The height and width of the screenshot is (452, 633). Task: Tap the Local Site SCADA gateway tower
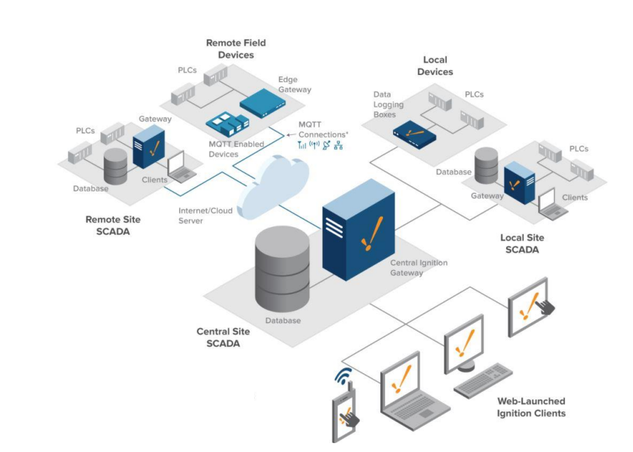(x=519, y=183)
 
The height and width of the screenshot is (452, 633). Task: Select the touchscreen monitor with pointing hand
(x=529, y=306)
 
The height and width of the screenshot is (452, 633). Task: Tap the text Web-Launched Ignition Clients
(x=531, y=407)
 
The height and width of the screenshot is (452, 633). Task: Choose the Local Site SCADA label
(x=522, y=244)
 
